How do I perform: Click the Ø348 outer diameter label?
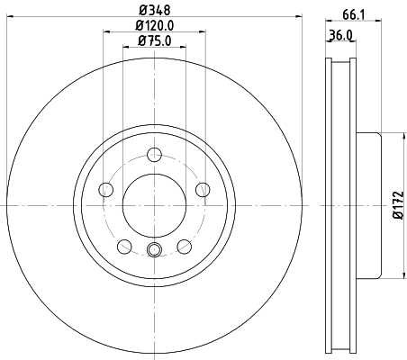click(x=152, y=10)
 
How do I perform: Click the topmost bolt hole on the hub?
click(x=153, y=154)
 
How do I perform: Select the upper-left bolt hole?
click(x=104, y=189)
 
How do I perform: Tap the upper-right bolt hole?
click(x=202, y=189)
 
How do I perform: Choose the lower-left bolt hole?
click(x=123, y=246)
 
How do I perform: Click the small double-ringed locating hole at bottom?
click(x=153, y=250)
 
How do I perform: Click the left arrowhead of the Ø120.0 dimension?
click(x=106, y=31)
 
